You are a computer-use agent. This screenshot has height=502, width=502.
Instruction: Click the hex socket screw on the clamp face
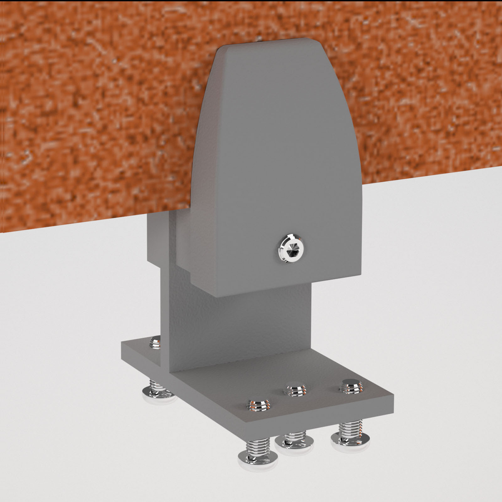[x=291, y=248]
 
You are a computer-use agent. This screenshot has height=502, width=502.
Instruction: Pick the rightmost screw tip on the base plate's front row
[x=351, y=386]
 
